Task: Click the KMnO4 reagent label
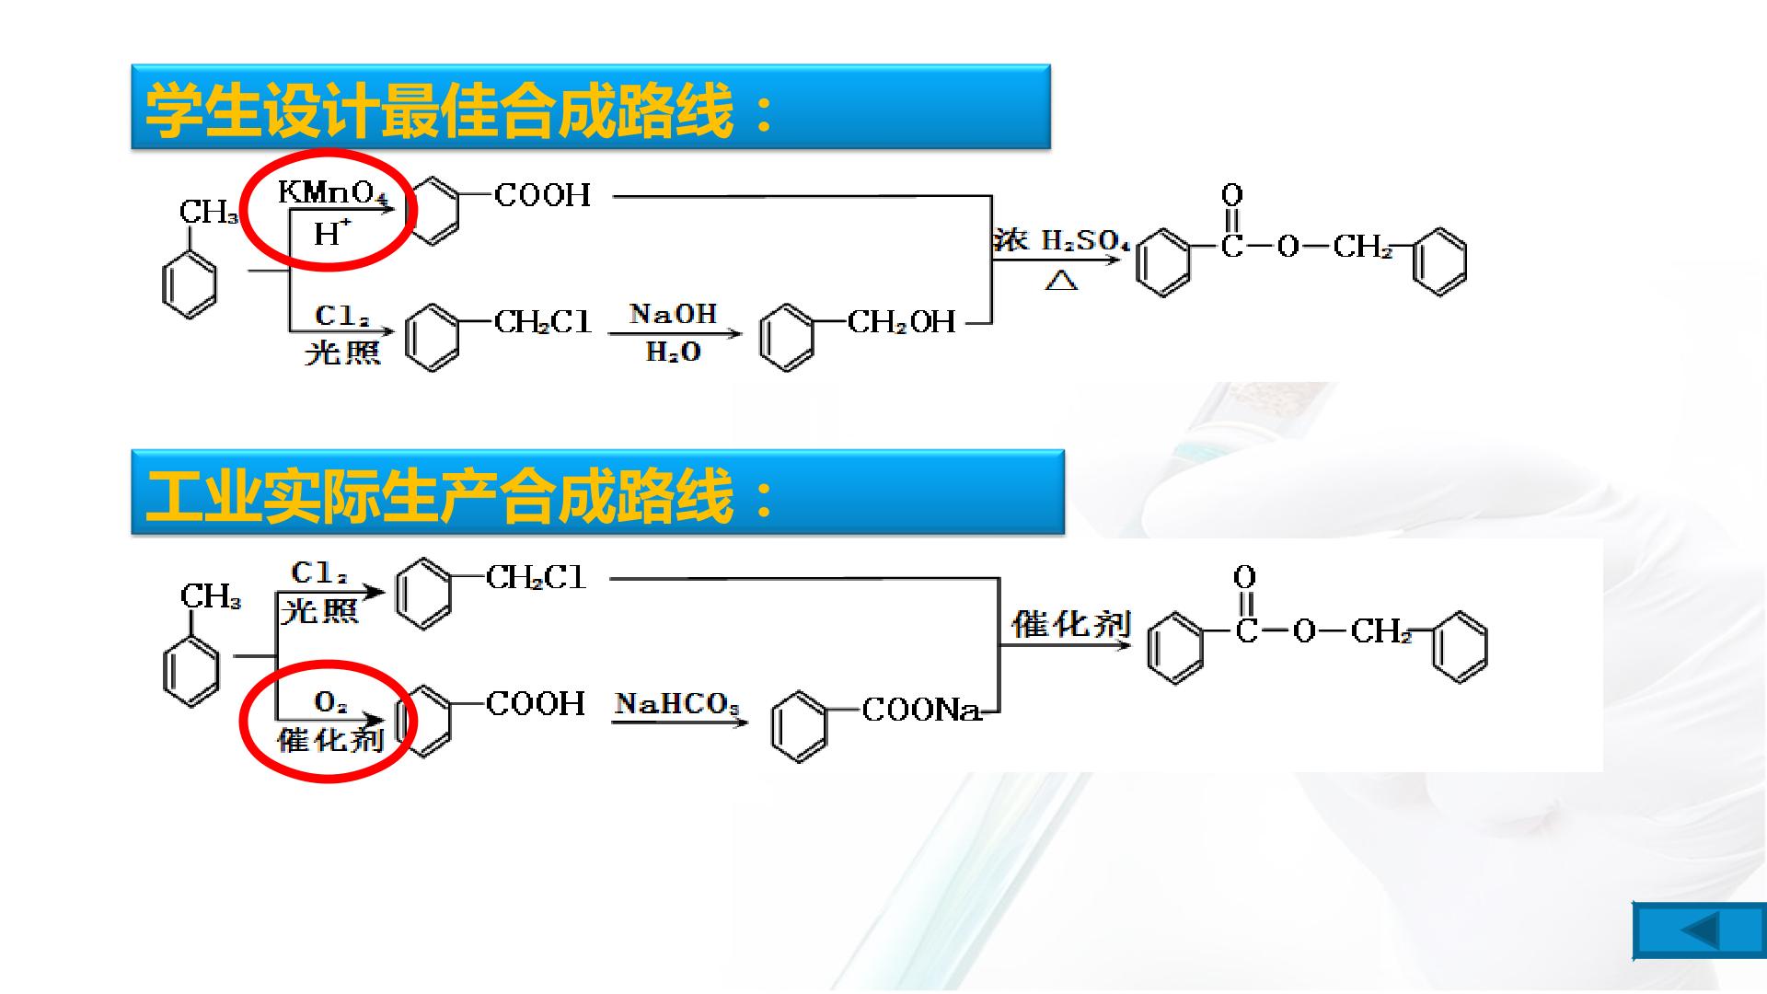click(x=333, y=191)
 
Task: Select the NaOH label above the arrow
click(x=673, y=314)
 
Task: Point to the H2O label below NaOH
click(x=673, y=352)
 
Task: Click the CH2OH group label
click(x=902, y=321)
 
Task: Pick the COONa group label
click(x=921, y=710)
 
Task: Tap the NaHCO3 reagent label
click(x=677, y=704)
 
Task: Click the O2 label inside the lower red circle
click(x=330, y=703)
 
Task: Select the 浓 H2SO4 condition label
click(x=1061, y=241)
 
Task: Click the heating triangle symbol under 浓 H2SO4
click(x=1061, y=280)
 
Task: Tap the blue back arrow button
click(x=1699, y=930)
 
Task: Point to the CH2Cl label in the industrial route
click(x=536, y=577)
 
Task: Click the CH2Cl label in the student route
click(x=543, y=321)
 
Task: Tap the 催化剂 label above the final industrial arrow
click(x=1071, y=624)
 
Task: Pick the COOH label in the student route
click(x=542, y=194)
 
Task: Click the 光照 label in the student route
click(x=342, y=352)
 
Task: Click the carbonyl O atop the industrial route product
click(x=1244, y=577)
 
